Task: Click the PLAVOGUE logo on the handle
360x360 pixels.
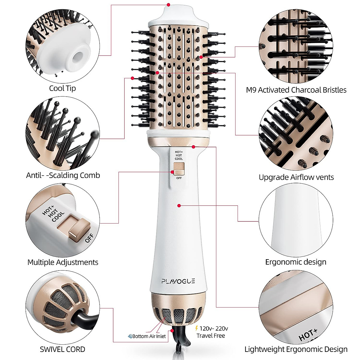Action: [178, 281]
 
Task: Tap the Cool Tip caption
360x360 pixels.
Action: [62, 88]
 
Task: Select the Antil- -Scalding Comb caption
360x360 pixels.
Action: [63, 175]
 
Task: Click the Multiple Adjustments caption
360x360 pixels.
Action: [63, 262]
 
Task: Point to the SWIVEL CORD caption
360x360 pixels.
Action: [62, 349]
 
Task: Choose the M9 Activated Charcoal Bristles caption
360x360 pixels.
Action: [296, 90]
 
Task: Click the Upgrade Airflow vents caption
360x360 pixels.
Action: [296, 177]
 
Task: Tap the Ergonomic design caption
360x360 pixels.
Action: [295, 262]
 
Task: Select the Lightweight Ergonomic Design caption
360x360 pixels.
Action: [296, 349]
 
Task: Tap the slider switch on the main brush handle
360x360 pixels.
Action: [178, 169]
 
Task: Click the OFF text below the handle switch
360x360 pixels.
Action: [179, 178]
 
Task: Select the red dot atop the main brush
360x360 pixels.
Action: [169, 5]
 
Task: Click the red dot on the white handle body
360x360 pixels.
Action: [179, 205]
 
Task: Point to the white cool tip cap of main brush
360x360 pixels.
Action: [178, 16]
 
